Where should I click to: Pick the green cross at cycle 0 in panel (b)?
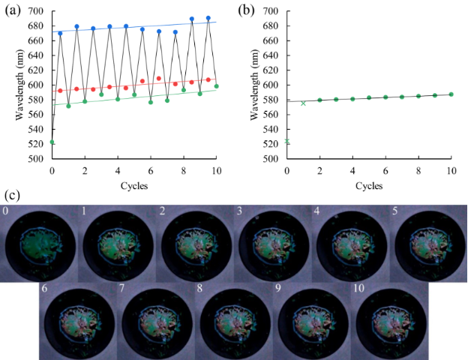287,141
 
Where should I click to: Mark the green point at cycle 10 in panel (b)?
451,94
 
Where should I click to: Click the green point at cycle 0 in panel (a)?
52,141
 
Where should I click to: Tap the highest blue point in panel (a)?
208,18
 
